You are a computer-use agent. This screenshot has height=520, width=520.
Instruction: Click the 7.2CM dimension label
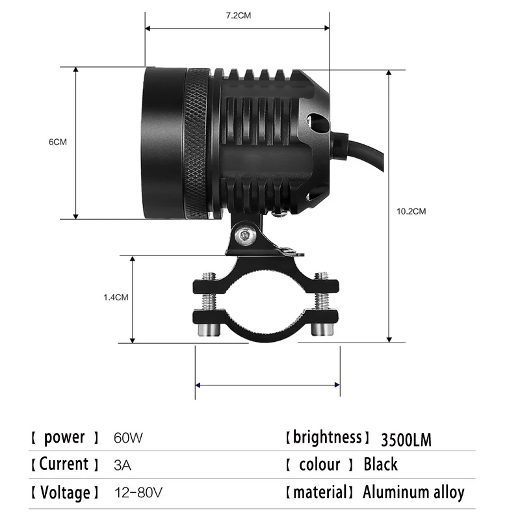point(238,16)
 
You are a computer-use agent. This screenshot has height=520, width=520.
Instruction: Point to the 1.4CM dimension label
point(116,297)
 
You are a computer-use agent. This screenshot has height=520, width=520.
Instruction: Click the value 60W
point(127,438)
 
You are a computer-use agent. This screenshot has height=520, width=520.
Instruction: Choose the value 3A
point(122,465)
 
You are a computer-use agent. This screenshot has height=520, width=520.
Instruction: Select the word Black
point(380,465)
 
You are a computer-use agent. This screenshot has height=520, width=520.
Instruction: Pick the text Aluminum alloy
point(413,493)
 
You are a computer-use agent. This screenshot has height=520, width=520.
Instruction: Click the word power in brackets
point(64,437)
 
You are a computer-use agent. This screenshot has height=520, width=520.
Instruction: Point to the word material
point(320,493)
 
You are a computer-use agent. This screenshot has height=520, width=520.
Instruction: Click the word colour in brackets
point(320,465)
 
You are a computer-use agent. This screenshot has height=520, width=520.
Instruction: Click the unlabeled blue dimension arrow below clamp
point(267,384)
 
